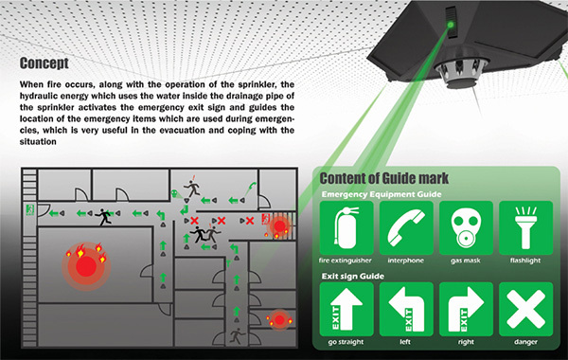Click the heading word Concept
tap(44, 63)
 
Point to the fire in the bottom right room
tap(278, 320)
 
